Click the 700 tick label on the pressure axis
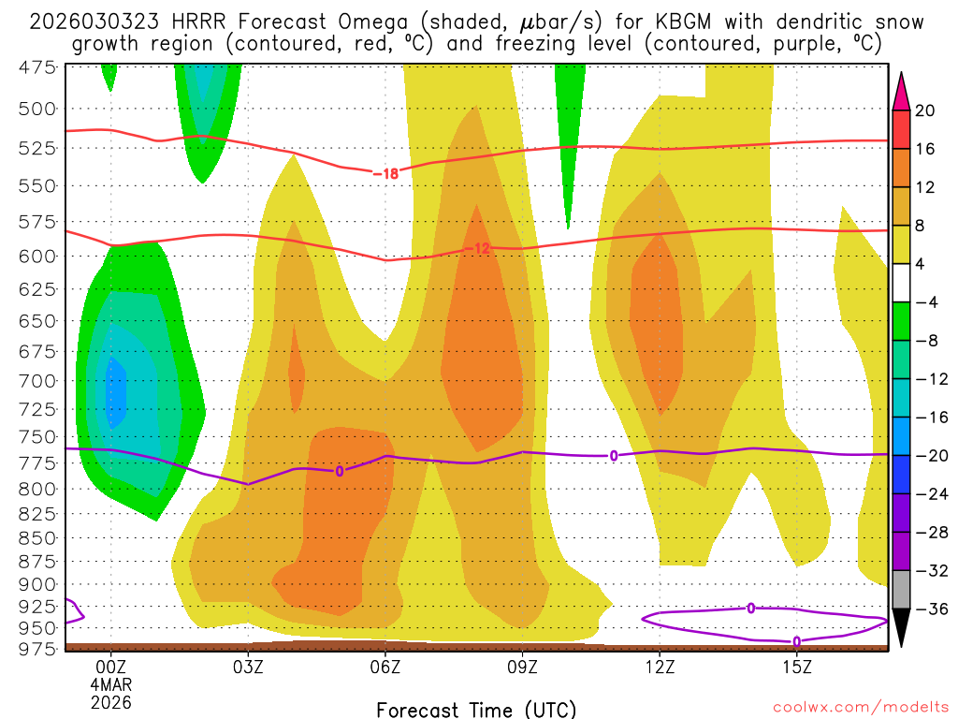tap(38, 380)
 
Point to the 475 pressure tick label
tap(38, 66)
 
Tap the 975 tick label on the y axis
tap(38, 647)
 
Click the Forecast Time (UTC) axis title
tap(476, 709)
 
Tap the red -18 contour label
tap(385, 173)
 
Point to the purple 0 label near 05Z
tap(340, 471)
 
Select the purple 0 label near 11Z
tap(614, 456)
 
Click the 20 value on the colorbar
tap(925, 110)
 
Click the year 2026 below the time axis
tap(111, 701)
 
